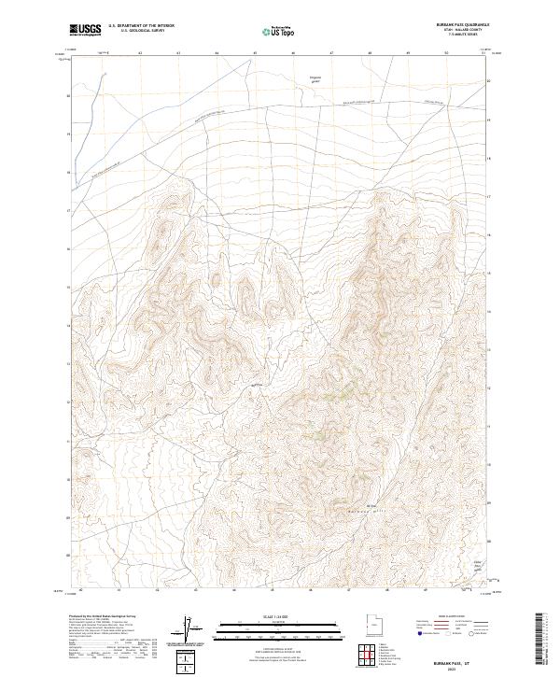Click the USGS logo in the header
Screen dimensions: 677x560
pyautogui.click(x=85, y=29)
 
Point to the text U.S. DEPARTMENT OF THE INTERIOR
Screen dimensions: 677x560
pyautogui.click(x=141, y=26)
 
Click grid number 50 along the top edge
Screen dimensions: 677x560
pyautogui.click(x=446, y=53)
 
